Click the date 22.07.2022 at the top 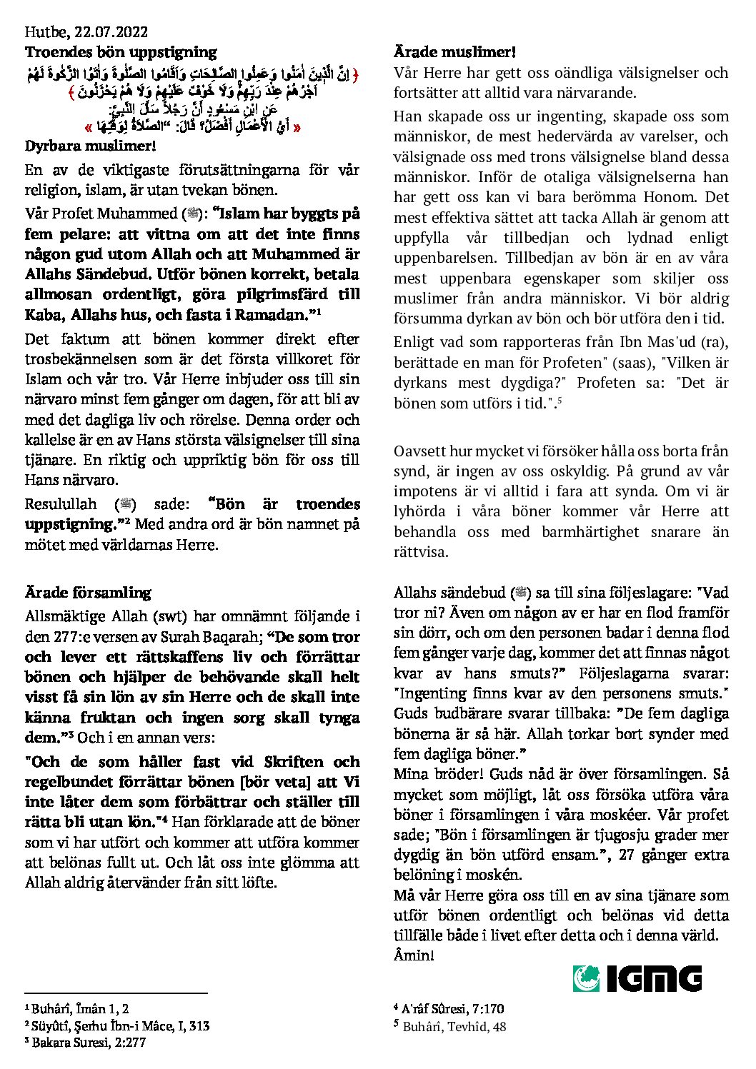click(x=111, y=32)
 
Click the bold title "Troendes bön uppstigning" click(x=121, y=52)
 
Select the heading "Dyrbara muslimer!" click(x=90, y=146)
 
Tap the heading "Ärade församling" click(x=88, y=593)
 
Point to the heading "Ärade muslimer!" click(x=454, y=52)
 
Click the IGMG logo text click(x=654, y=978)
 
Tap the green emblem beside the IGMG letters click(x=586, y=978)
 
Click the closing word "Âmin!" click(x=414, y=955)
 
